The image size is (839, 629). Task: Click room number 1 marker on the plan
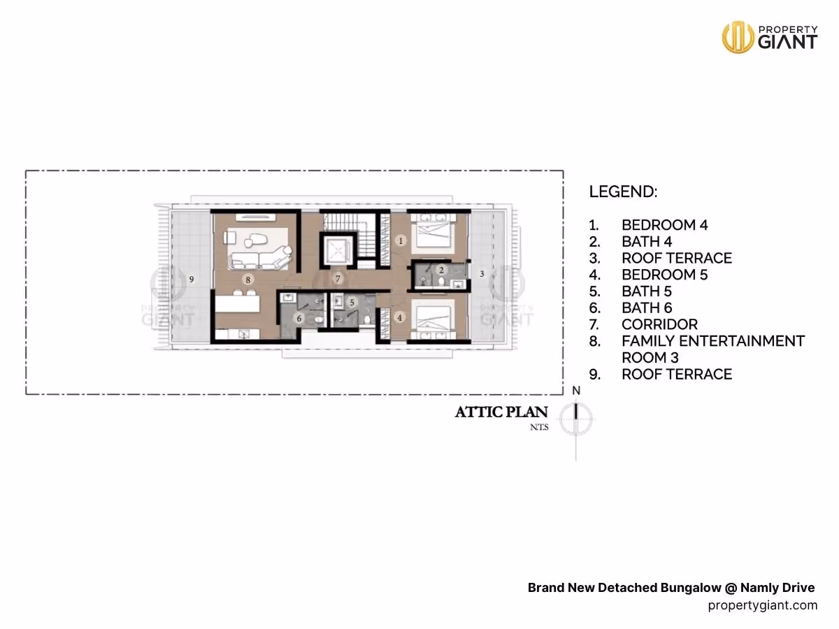[401, 240]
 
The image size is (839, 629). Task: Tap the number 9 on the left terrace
[192, 279]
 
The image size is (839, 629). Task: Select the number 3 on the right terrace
[482, 273]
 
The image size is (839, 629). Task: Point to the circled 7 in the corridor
[338, 278]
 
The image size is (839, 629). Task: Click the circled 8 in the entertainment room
[248, 280]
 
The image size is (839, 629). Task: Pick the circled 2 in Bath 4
[441, 270]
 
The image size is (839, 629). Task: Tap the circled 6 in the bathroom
[299, 318]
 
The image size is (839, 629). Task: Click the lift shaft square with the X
[337, 251]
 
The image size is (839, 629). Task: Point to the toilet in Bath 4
[441, 282]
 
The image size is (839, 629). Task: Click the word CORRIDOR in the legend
[659, 324]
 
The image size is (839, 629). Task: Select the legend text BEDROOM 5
[664, 275]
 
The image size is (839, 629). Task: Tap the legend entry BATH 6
[646, 308]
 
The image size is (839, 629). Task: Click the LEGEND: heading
[623, 191]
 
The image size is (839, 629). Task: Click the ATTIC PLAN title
[501, 412]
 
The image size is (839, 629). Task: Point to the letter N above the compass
[576, 390]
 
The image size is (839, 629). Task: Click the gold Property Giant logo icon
[738, 37]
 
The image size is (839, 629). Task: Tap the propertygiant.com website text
[763, 605]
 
